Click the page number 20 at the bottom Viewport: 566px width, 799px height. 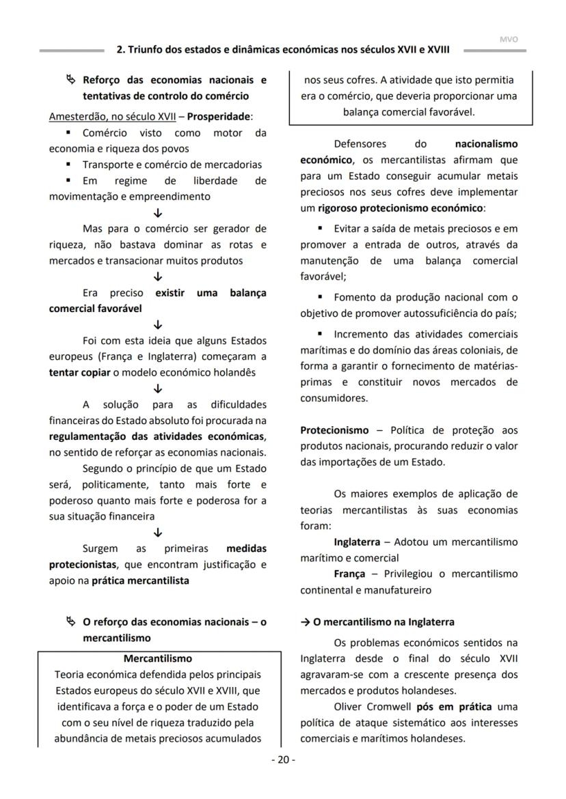(x=283, y=760)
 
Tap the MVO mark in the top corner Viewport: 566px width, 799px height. (x=509, y=40)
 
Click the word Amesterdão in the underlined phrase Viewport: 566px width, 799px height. (x=76, y=116)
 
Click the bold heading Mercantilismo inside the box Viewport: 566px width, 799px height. (x=158, y=659)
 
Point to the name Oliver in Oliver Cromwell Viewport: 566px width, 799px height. (x=348, y=707)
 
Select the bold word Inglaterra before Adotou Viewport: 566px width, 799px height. (x=357, y=542)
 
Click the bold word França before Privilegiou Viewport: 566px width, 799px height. (x=349, y=574)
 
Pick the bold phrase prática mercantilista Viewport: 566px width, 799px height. (x=140, y=581)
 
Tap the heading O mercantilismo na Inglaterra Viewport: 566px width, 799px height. (x=377, y=622)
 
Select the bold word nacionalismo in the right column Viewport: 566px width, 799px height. (x=486, y=144)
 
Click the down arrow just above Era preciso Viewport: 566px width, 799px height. (x=158, y=277)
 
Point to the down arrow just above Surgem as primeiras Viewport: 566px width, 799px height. (x=158, y=533)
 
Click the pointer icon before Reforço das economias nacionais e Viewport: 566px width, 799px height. (x=70, y=80)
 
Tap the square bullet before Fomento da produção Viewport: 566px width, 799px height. (x=320, y=298)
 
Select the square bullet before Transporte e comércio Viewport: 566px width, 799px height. (x=68, y=165)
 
